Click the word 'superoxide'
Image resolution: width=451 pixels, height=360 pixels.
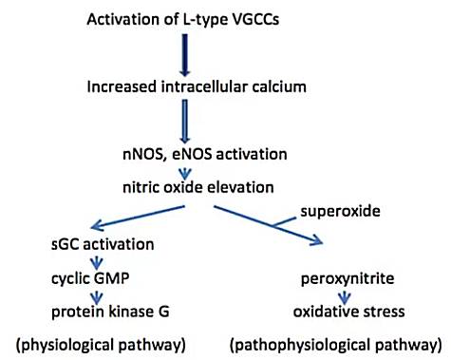(350, 207)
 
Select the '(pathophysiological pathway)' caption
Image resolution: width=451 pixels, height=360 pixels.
(335, 341)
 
